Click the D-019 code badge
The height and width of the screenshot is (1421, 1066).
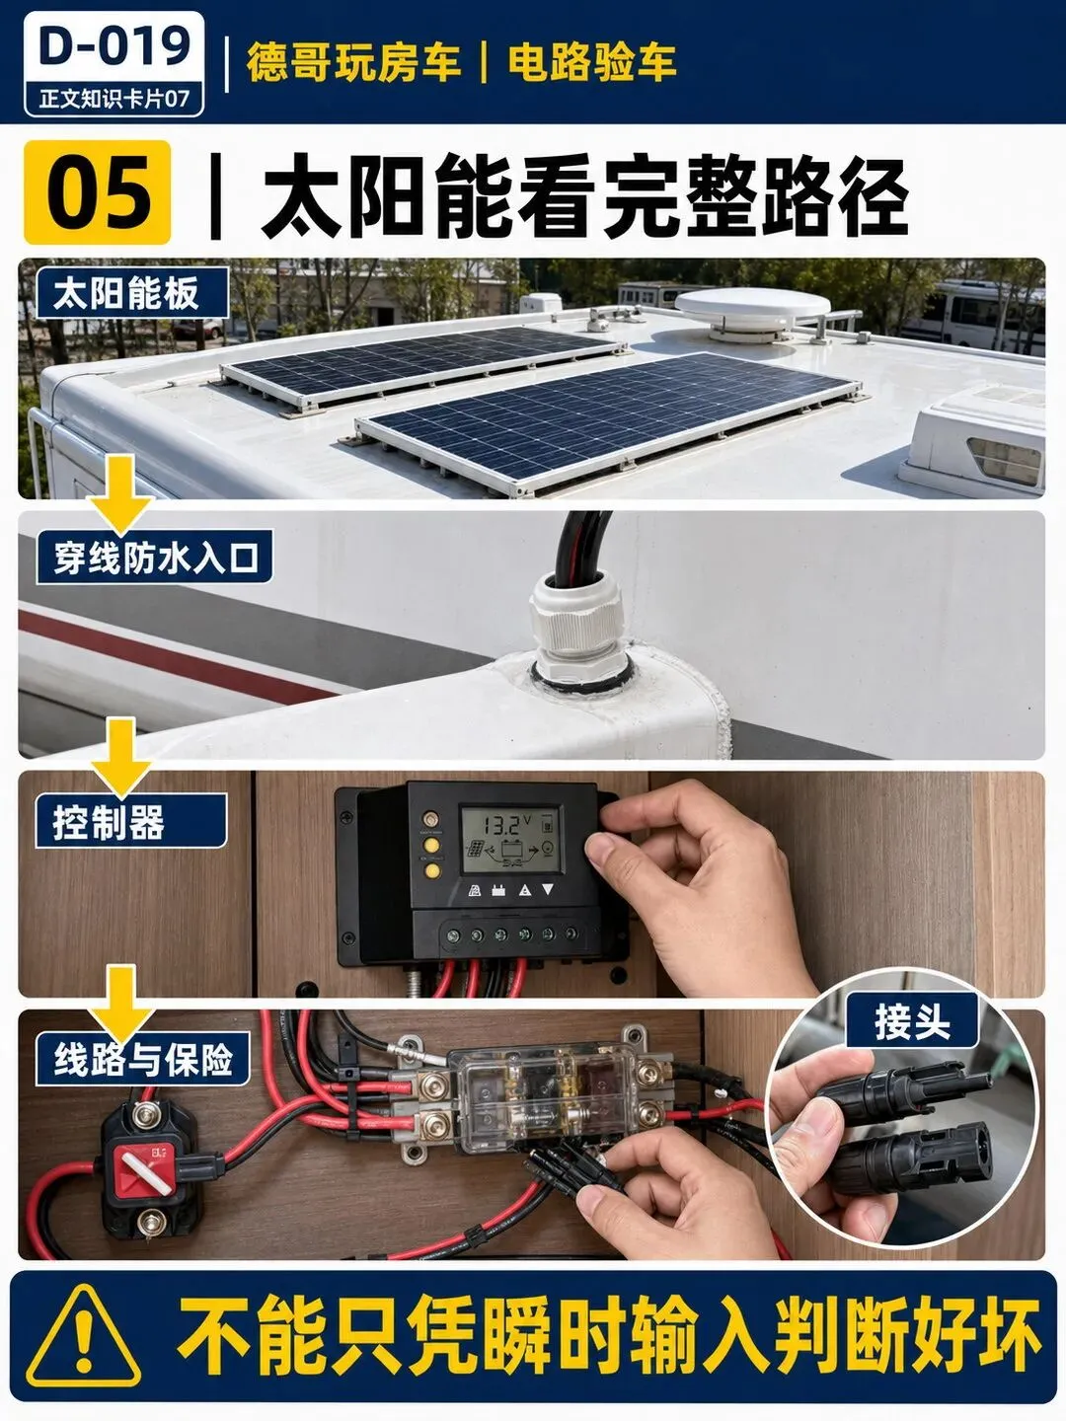[114, 64]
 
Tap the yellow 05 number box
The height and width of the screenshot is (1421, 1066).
[98, 192]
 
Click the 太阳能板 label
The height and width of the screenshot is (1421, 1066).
[132, 293]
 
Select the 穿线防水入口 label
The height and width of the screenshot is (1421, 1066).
[155, 558]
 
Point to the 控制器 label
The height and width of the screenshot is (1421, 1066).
[131, 822]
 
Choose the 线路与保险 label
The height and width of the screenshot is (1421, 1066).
[143, 1060]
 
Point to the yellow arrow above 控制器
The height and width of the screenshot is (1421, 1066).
[120, 757]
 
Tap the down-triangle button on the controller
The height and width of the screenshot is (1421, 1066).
[548, 889]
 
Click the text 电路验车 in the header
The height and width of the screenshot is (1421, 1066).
[591, 63]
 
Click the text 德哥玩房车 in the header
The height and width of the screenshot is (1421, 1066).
[353, 63]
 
